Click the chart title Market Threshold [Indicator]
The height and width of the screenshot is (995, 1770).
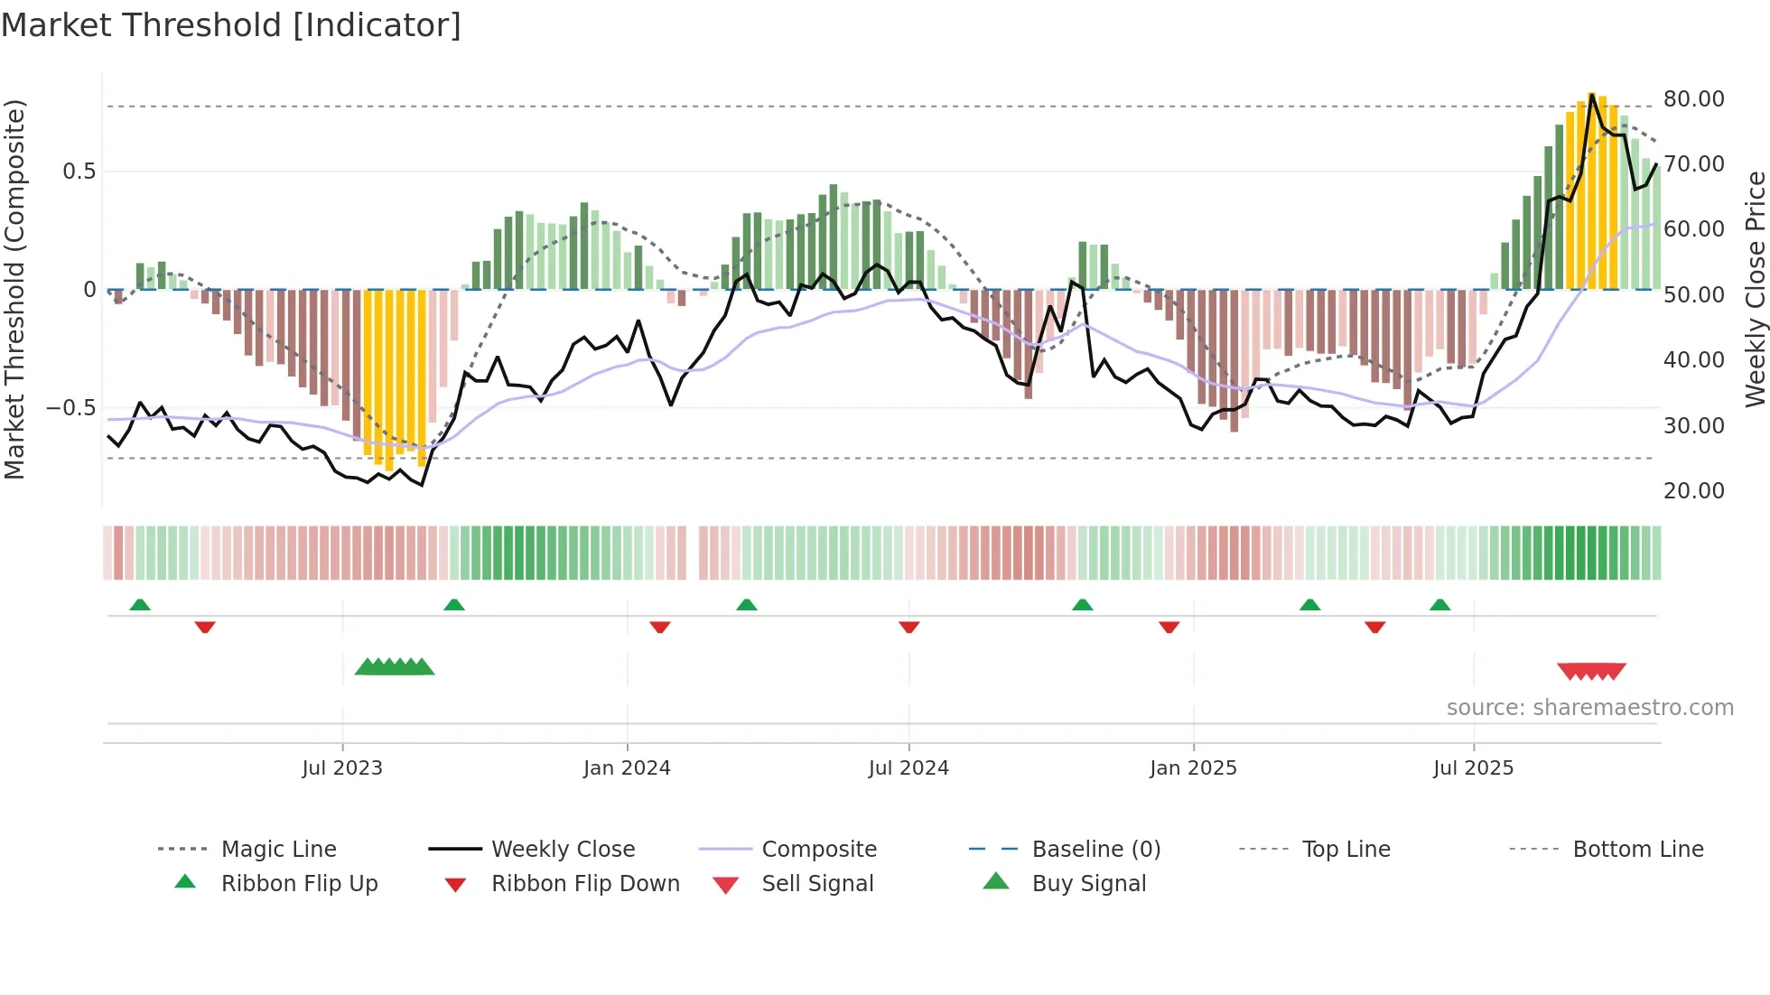point(231,25)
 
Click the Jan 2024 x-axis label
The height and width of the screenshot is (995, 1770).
point(627,768)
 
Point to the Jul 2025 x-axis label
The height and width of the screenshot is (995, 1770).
point(1473,768)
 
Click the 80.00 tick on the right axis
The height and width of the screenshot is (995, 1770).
point(1693,99)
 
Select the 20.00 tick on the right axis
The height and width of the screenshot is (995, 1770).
point(1693,491)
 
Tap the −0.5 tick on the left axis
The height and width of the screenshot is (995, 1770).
point(70,408)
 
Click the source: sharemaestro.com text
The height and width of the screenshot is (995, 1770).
point(1589,708)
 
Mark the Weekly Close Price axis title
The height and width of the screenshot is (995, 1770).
point(1755,289)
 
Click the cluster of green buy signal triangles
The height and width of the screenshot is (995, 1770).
point(395,668)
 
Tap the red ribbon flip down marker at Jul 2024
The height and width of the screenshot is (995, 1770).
point(909,627)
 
